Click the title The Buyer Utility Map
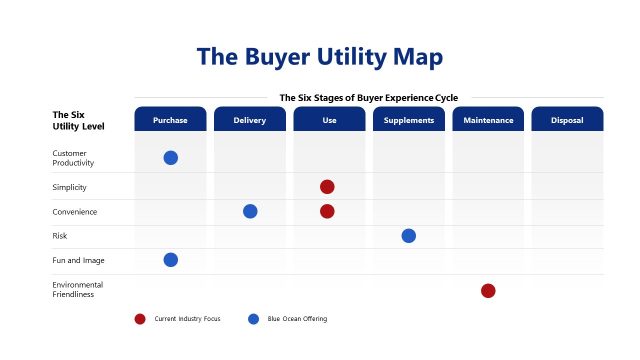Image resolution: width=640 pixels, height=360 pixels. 319,56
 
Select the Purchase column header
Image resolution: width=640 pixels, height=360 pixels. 170,120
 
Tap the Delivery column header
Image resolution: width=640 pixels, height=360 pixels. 250,120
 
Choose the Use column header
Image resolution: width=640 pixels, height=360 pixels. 329,120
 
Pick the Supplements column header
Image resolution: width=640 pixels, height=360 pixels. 408,120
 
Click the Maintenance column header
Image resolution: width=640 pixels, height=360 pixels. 488,120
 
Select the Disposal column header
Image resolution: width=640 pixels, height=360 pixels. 567,120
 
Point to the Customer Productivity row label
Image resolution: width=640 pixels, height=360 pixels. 73,158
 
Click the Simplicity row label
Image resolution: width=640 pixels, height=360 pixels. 69,187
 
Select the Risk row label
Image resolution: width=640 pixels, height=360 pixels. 60,236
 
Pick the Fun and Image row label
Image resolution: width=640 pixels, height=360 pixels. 78,260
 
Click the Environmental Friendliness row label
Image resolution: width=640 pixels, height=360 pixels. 77,290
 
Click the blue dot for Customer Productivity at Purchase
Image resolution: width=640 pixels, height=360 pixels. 171,158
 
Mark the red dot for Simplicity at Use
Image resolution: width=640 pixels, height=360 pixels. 327,187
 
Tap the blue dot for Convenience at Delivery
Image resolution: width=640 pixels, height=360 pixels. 250,211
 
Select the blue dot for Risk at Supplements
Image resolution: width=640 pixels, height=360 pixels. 408,236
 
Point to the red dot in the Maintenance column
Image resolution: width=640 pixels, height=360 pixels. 488,291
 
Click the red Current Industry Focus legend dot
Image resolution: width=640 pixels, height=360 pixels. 140,319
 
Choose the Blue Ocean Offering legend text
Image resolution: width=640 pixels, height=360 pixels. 297,319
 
